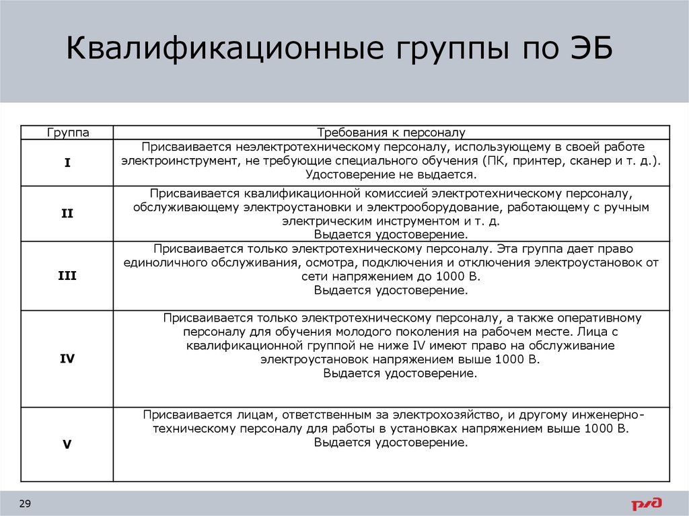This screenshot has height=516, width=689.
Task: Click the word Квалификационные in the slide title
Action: [x=225, y=48]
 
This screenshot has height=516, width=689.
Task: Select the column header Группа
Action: [x=68, y=133]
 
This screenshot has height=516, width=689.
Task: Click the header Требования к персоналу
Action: [x=391, y=133]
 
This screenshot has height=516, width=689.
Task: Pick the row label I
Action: [x=67, y=163]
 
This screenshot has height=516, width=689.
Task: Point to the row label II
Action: [x=67, y=214]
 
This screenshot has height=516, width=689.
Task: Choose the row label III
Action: [x=67, y=276]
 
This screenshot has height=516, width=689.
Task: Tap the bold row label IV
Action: [x=67, y=359]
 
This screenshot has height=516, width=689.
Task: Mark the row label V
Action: [x=67, y=445]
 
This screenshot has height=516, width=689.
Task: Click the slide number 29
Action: [x=25, y=504]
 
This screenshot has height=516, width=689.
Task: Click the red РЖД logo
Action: [x=647, y=504]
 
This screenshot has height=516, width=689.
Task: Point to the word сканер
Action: [x=591, y=161]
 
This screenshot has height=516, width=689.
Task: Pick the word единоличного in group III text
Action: [x=166, y=263]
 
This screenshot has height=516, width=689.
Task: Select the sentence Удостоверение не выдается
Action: [x=391, y=174]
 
